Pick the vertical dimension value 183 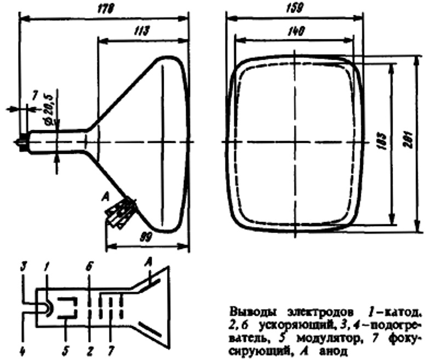[381, 143]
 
